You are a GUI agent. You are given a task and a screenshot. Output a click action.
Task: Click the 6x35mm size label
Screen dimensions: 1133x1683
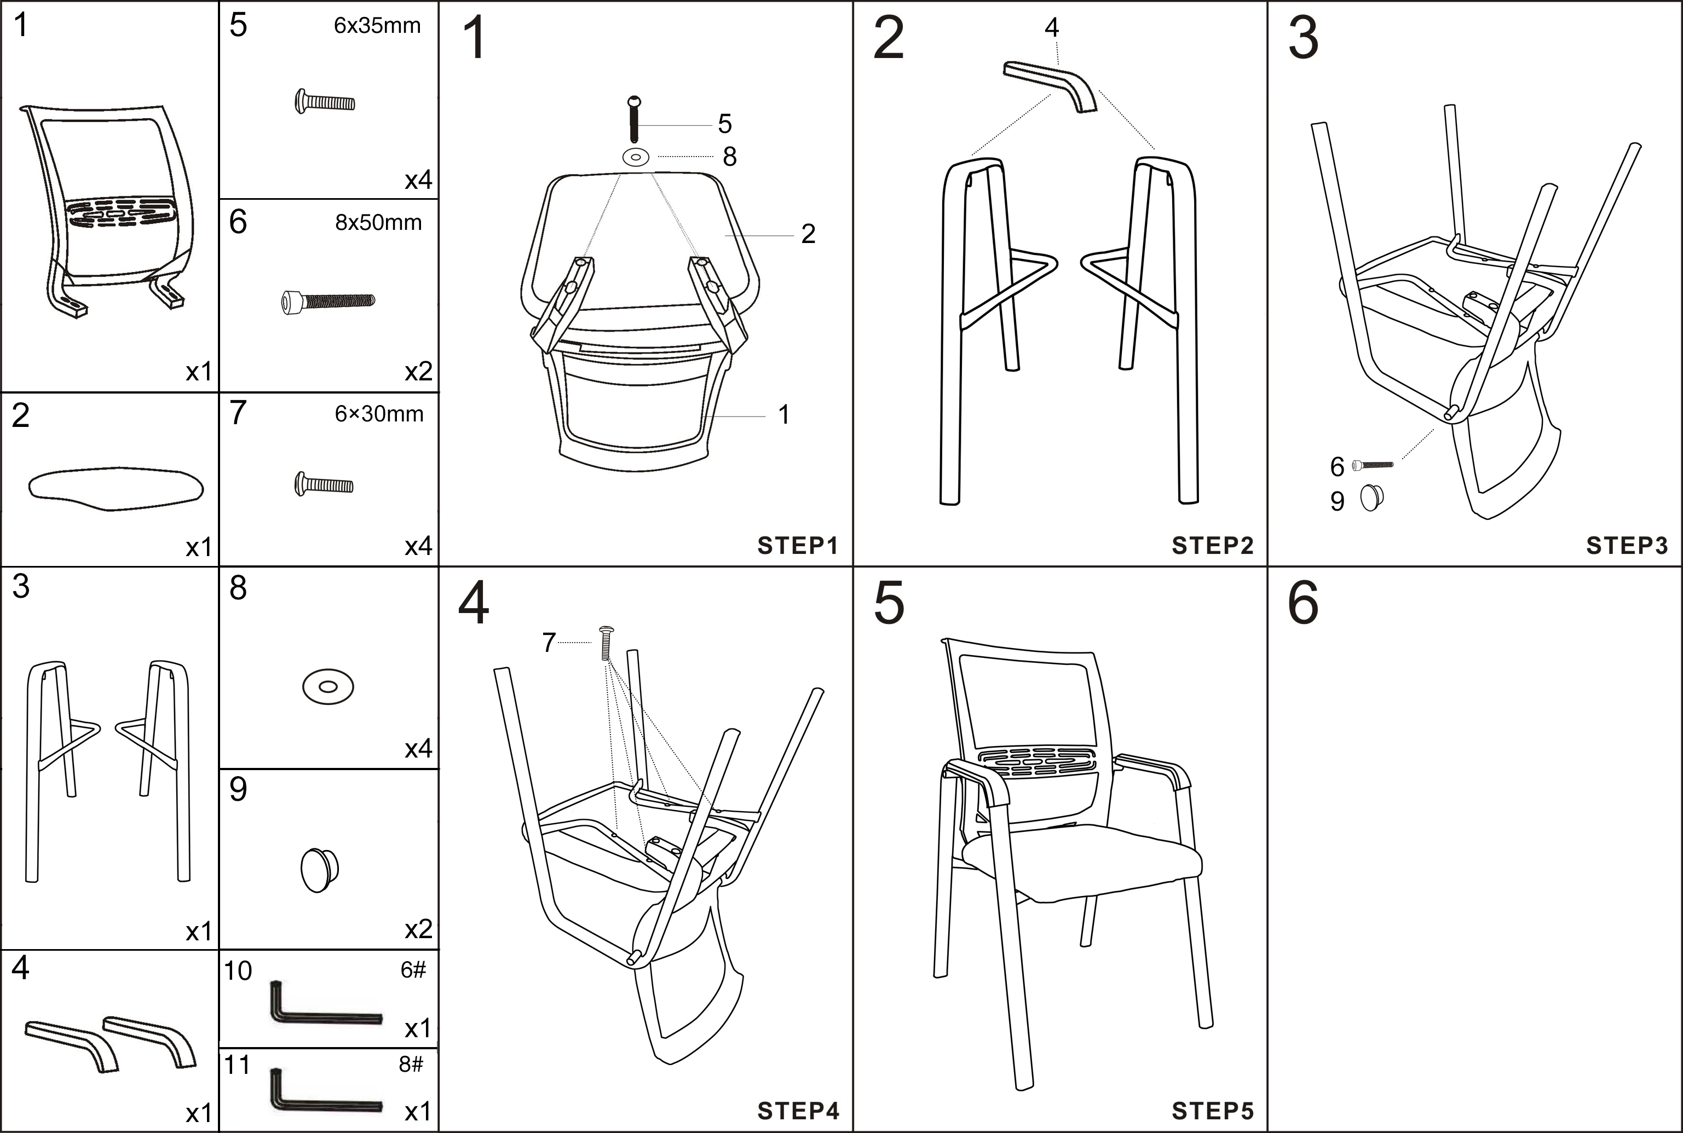tap(377, 26)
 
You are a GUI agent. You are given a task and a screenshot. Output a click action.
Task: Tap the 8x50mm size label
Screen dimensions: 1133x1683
tap(378, 223)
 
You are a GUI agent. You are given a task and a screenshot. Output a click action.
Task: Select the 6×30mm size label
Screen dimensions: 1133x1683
tap(379, 414)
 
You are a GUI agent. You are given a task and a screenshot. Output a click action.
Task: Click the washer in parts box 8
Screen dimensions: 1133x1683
tap(328, 686)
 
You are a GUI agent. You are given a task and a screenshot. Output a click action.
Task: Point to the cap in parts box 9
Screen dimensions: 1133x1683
tap(319, 869)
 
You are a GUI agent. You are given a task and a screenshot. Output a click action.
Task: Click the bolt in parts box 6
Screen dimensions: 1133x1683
tap(327, 300)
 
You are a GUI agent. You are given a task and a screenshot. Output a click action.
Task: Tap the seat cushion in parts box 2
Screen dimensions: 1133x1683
tap(116, 488)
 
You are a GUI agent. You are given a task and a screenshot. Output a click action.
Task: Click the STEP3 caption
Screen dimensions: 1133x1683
tap(1626, 546)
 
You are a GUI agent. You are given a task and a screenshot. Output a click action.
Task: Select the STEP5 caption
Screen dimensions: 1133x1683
tap(1212, 1111)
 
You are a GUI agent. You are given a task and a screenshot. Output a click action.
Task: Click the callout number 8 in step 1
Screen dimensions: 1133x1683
tap(730, 157)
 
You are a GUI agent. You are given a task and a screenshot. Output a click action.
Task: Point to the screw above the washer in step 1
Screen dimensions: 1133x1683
tap(635, 119)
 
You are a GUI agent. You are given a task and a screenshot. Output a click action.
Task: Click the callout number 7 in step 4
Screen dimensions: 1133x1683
tap(549, 643)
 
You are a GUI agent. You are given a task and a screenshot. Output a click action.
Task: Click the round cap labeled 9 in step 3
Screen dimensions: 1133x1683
tap(1371, 498)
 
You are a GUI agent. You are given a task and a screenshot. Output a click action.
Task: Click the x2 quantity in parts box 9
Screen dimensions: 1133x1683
tap(418, 929)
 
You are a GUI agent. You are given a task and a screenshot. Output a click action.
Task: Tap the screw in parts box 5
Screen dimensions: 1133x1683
tap(325, 101)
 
